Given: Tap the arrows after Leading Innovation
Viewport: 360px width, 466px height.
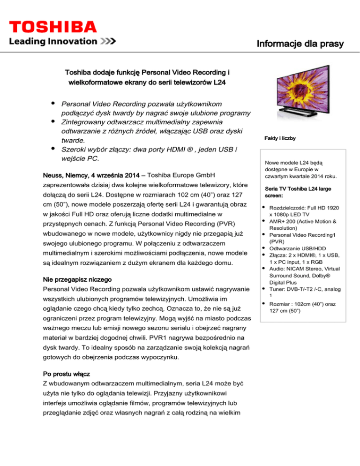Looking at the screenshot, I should click(108, 41).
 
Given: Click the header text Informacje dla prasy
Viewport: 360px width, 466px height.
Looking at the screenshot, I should click(300, 44).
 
